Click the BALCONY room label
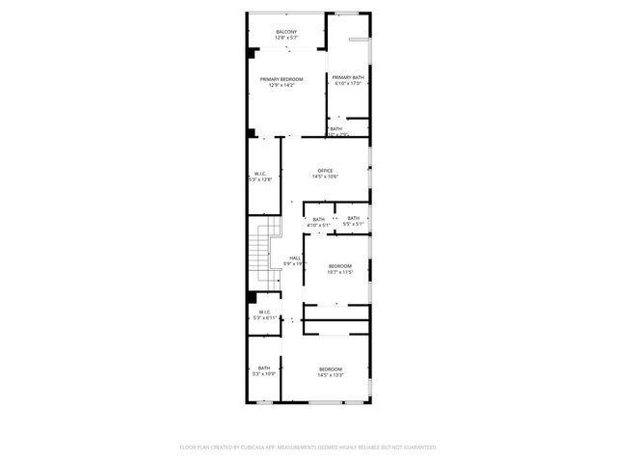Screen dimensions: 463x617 [286, 32]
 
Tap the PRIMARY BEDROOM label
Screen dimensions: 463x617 [282, 79]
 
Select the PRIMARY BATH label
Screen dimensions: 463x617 [347, 77]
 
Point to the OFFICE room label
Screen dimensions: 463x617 [325, 171]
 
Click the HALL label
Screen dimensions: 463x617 [295, 258]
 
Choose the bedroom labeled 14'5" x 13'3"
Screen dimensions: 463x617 [331, 369]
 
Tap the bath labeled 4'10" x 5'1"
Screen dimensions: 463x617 [318, 219]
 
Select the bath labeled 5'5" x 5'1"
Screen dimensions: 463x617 [353, 219]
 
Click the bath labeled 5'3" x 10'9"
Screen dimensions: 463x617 [263, 368]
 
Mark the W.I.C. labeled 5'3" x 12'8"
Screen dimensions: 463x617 [260, 175]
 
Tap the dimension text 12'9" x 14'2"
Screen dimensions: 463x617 [282, 86]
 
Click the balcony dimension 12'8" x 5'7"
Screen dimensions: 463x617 [286, 39]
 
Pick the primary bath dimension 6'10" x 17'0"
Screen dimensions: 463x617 [347, 84]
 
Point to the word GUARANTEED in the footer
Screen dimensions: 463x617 [416, 447]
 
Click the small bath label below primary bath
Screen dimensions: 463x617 [335, 128]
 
